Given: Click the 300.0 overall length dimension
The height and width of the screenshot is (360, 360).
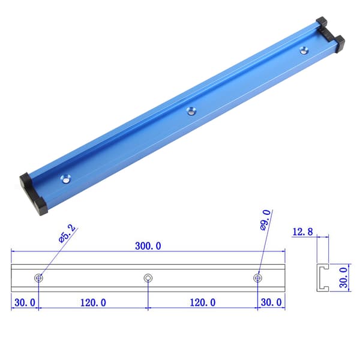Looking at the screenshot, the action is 148,246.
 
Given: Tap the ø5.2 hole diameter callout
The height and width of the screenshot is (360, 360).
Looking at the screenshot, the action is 67,234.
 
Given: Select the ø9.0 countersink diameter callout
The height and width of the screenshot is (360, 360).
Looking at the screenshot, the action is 266,220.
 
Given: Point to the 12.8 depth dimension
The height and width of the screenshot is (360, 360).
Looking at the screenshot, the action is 302,232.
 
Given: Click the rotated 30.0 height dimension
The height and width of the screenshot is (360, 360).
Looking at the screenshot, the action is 343,278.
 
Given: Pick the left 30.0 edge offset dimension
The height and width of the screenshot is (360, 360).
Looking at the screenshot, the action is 25,302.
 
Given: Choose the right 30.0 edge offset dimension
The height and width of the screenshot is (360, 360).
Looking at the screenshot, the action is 271,302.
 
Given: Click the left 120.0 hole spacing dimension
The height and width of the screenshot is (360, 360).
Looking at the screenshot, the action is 93,302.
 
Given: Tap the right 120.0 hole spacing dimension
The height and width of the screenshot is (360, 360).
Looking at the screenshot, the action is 203,302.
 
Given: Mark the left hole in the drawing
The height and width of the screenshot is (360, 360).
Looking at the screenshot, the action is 38,278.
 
